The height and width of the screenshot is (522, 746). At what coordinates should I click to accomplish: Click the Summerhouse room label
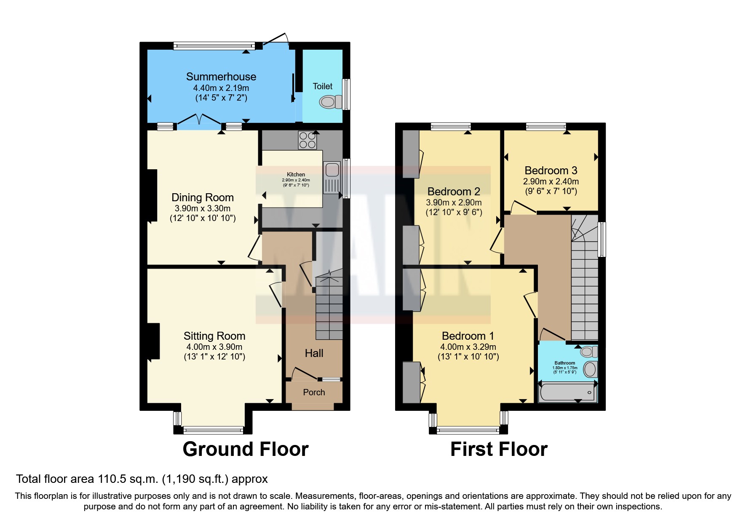tap(221, 77)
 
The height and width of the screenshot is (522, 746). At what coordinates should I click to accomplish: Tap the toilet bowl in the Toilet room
tap(330, 102)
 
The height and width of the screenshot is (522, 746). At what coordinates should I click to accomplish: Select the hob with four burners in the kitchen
tap(307, 140)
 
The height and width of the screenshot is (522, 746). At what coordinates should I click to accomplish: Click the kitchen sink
tap(332, 170)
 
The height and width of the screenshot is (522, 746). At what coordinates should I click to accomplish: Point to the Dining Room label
tap(203, 197)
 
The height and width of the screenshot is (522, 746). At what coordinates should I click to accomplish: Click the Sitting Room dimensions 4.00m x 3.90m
tap(214, 347)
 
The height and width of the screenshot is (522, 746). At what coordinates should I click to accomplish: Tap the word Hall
tap(314, 353)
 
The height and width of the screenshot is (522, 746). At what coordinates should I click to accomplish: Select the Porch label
tap(314, 392)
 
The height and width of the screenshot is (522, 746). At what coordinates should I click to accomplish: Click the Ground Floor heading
tap(246, 449)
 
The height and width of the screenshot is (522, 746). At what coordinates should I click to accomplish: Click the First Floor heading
tap(499, 449)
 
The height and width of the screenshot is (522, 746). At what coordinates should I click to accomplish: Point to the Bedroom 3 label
tap(551, 170)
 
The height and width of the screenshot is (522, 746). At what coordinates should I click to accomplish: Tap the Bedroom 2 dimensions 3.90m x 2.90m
tap(454, 202)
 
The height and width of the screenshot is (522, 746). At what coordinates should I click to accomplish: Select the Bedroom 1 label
tap(468, 336)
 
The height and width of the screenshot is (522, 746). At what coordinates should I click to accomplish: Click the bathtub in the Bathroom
tap(567, 392)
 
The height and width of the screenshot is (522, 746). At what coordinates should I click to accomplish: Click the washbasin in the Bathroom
tap(590, 369)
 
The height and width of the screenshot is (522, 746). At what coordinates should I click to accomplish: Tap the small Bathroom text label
tap(564, 363)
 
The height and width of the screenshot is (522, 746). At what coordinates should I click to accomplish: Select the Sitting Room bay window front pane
tap(214, 430)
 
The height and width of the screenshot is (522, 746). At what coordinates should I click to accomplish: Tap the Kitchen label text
tap(296, 174)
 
